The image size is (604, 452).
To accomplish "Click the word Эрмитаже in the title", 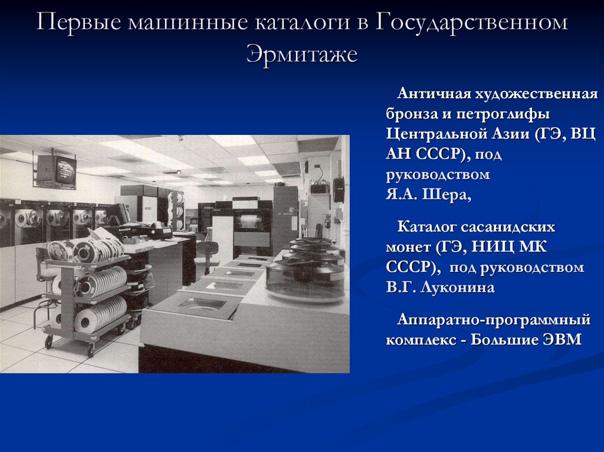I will coord(301,54).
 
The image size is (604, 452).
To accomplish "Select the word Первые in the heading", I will coord(77,23).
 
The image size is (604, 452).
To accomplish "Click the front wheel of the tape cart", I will coord(90,351).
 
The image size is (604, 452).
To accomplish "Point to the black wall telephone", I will coord(338,189).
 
